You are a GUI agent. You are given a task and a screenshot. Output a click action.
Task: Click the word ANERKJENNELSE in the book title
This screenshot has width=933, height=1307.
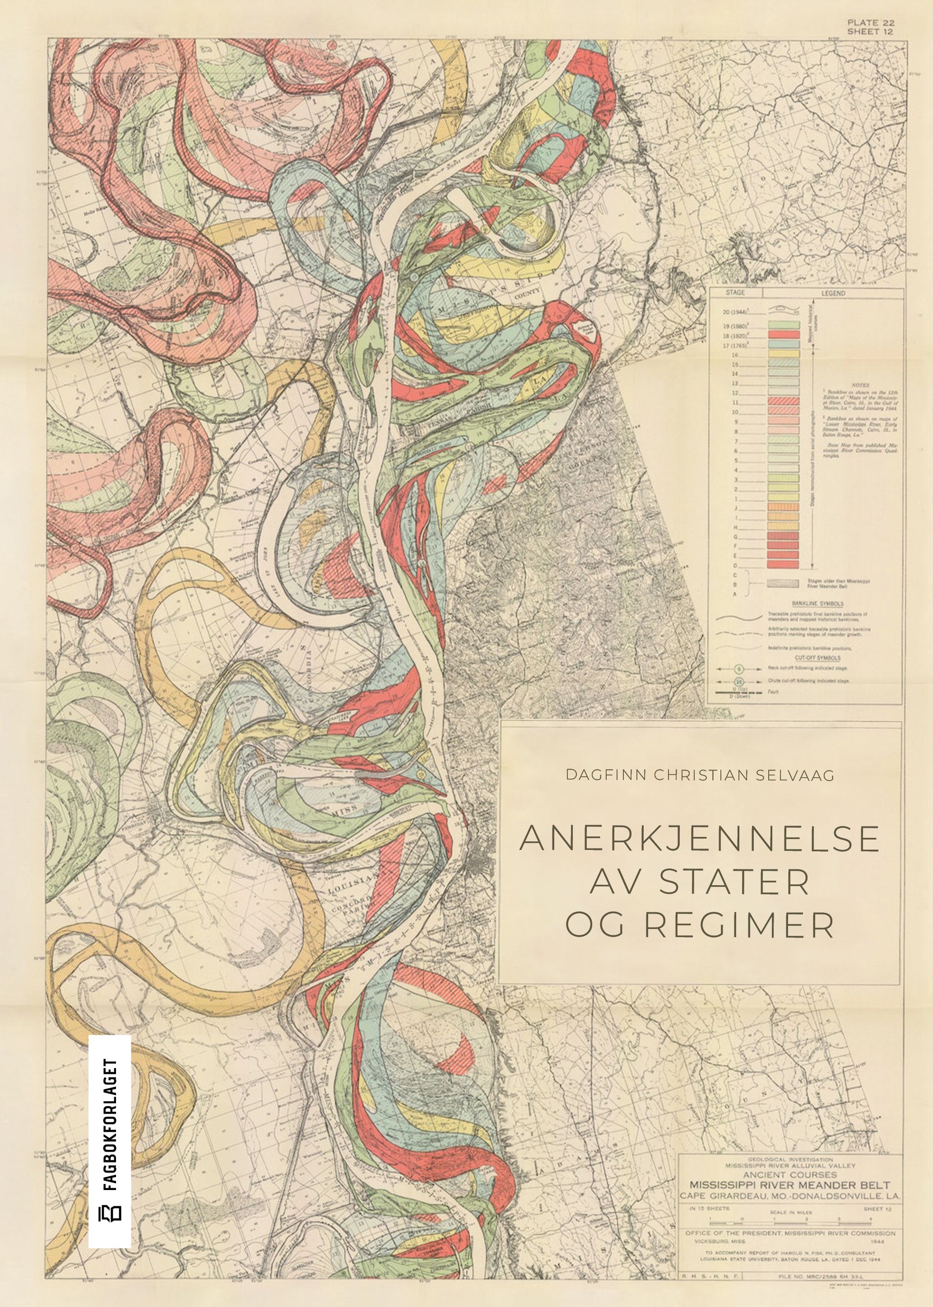tap(699, 839)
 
